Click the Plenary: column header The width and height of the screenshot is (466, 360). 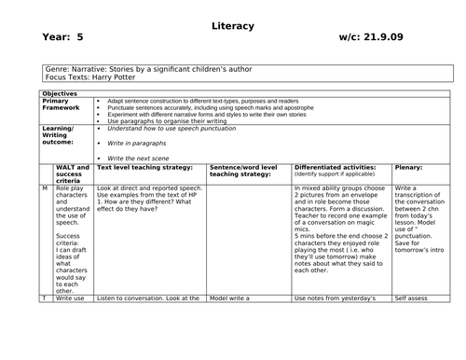tap(409, 169)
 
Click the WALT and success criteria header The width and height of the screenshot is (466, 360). tap(73, 174)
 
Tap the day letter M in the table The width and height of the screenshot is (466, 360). tap(44, 187)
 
